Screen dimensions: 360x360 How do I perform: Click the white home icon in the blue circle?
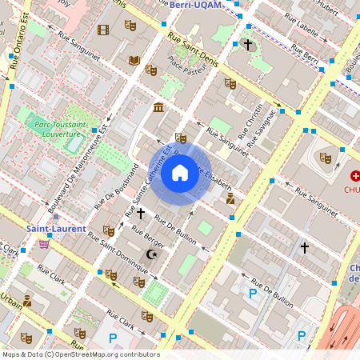tap(180, 173)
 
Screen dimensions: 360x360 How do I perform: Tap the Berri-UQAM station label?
tap(198, 5)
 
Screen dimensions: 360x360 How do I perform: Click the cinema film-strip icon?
tap(102, 30)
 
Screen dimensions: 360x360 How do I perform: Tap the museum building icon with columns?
tap(158, 108)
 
